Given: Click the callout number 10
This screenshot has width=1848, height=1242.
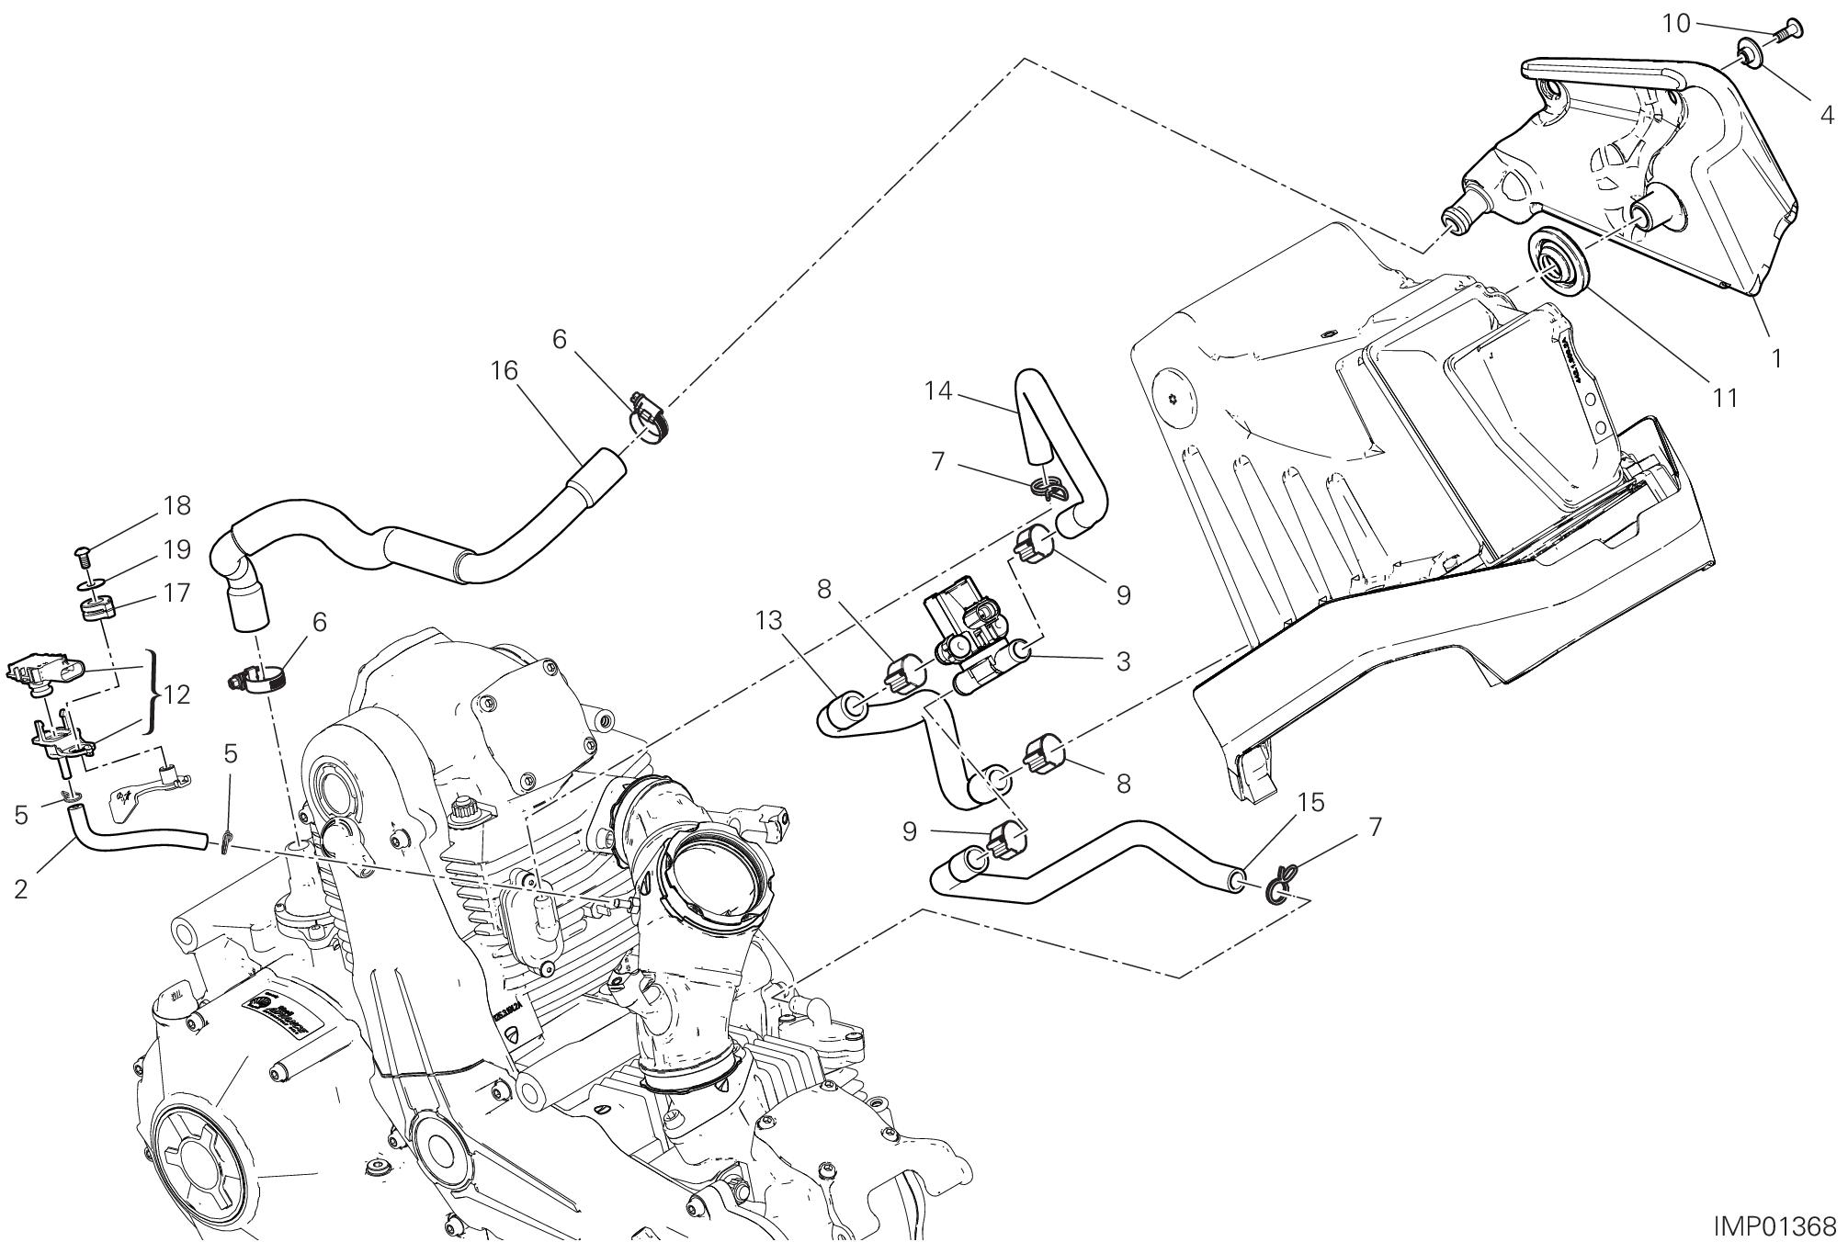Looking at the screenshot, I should point(1676,24).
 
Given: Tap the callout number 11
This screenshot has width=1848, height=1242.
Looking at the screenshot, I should point(1725,397).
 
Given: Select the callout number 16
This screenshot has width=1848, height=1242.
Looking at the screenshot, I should point(505,371).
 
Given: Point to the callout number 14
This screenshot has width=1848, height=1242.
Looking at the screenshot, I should point(938,391).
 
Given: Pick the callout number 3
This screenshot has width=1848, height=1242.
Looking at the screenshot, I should point(1122,661).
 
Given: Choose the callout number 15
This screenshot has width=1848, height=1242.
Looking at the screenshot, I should point(1311,803).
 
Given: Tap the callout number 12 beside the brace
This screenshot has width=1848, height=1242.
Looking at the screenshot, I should point(176,694).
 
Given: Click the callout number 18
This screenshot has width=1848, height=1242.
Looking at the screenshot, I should point(176,505).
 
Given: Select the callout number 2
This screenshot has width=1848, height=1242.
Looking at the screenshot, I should point(20,888).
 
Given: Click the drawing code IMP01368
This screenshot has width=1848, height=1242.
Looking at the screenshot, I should point(1774,1225).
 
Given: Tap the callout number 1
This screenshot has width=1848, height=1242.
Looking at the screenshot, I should point(1775,358).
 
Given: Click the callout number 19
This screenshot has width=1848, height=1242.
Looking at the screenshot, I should point(176,549).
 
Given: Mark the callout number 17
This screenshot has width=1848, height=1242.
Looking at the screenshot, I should point(176,593).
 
